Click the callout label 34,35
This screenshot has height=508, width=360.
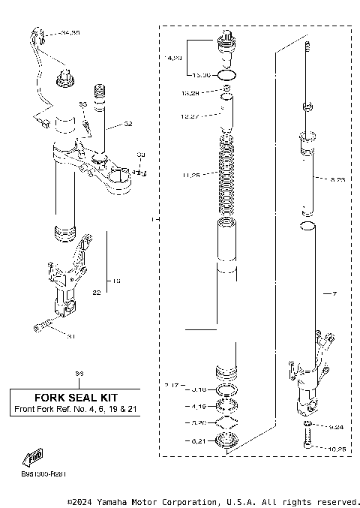pos(71,34)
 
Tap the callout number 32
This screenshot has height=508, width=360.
pos(128,124)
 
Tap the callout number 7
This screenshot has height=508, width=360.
pos(335,293)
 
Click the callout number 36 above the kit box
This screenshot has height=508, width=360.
pos(79,373)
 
